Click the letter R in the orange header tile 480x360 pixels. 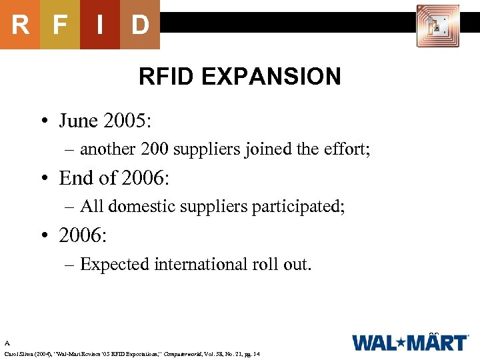click(x=20, y=25)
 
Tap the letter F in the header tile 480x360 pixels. click(x=60, y=25)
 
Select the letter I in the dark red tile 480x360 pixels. click(x=99, y=25)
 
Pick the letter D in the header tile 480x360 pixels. click(x=139, y=25)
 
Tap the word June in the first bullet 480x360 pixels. click(x=79, y=121)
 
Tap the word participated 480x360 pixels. click(x=298, y=207)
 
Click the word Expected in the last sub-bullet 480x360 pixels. click(x=115, y=264)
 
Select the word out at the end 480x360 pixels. click(x=297, y=264)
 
